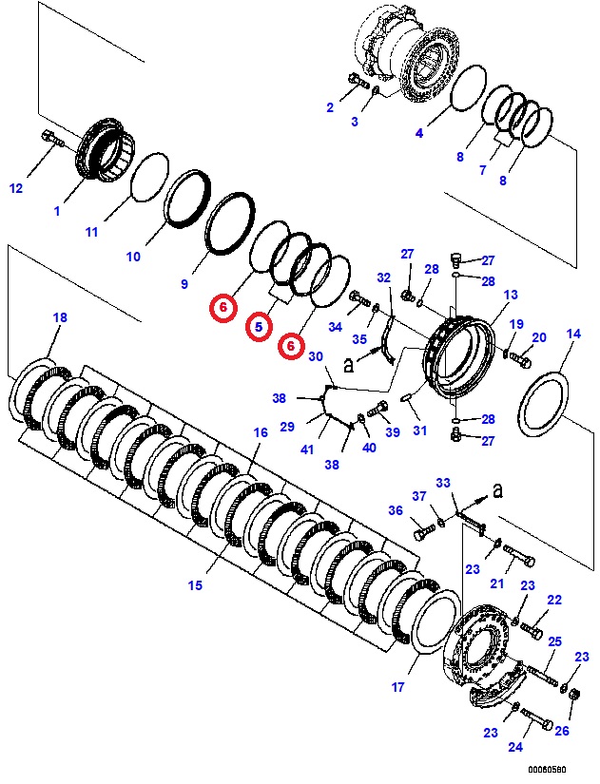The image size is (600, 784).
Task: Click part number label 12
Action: pyautogui.click(x=15, y=188)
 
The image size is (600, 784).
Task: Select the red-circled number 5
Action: pyautogui.click(x=258, y=328)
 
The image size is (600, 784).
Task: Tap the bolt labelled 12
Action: pyautogui.click(x=51, y=140)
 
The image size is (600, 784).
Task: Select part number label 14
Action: pyautogui.click(x=572, y=334)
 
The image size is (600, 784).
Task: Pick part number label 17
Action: pyautogui.click(x=398, y=686)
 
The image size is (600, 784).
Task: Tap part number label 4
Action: pyautogui.click(x=418, y=133)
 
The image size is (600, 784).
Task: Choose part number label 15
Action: pyautogui.click(x=195, y=585)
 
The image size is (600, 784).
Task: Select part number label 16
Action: pyautogui.click(x=260, y=432)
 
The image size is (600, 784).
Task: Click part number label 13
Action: pyautogui.click(x=511, y=296)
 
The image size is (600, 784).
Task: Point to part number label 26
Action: pyautogui.click(x=561, y=731)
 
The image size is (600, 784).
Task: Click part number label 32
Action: pyautogui.click(x=383, y=277)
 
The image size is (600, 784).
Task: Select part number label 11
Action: pyautogui.click(x=91, y=231)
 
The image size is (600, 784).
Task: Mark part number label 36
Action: pyautogui.click(x=396, y=510)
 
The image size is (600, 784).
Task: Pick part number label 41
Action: pyautogui.click(x=307, y=449)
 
